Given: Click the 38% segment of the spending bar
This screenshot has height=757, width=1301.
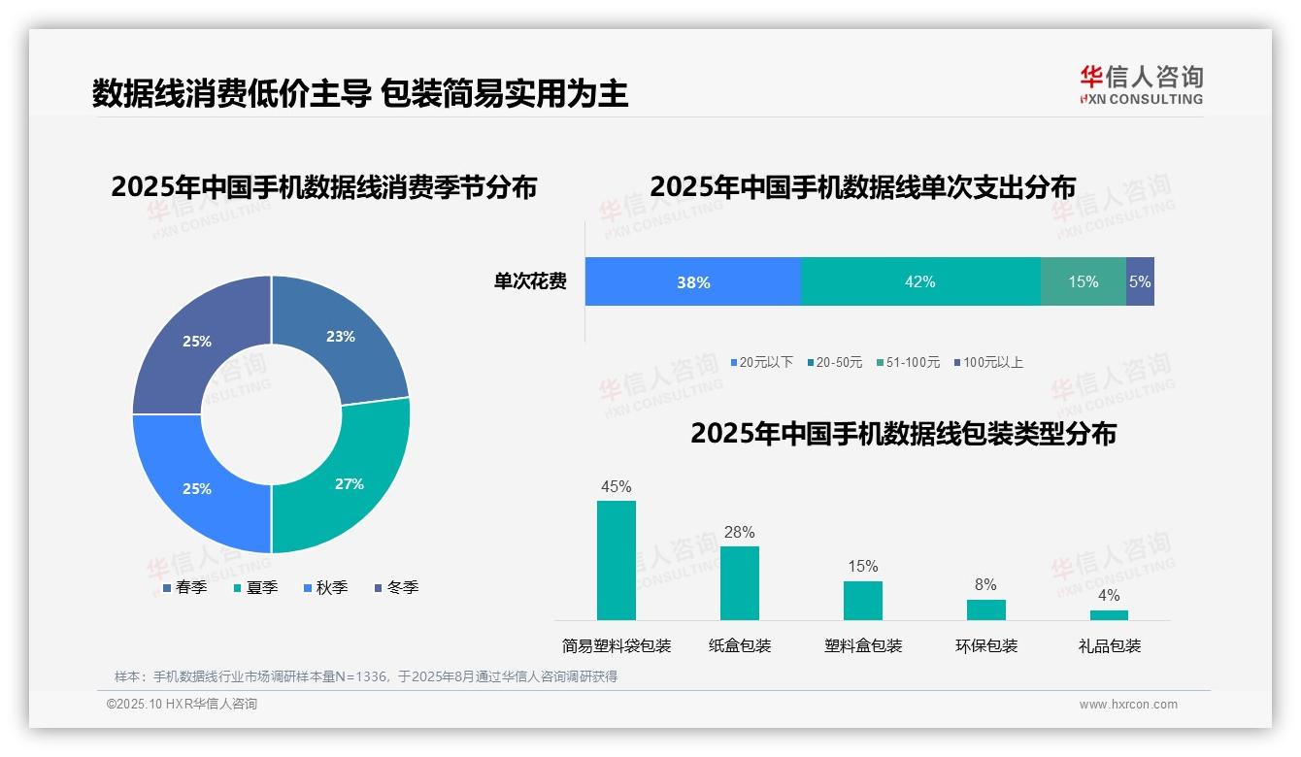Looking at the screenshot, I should [693, 282].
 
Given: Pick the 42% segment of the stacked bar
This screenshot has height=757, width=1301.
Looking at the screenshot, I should [919, 282].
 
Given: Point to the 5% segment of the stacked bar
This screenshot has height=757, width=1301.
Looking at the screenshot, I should [1140, 282].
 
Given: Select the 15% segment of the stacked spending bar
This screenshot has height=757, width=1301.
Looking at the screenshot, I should [1083, 282].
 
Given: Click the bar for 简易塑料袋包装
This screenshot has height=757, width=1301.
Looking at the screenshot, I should [617, 560].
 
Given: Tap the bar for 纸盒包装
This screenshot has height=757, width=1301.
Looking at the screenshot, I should [740, 582].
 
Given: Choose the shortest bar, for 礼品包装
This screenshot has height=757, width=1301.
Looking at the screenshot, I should [1109, 614].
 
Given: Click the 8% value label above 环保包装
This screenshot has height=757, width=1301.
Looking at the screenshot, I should [985, 584].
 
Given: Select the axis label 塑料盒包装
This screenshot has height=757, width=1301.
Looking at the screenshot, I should [863, 645].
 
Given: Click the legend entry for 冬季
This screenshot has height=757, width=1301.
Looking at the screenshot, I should [397, 587].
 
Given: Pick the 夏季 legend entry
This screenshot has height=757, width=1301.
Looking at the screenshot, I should [256, 587].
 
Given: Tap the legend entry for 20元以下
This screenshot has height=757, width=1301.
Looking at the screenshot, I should [762, 362].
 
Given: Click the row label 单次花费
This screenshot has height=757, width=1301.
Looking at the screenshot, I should [530, 282].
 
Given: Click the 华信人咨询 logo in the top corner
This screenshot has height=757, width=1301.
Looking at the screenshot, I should [1141, 84].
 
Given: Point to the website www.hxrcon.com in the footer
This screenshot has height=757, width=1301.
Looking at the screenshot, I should [1128, 705].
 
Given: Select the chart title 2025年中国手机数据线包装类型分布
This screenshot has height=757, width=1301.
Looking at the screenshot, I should [903, 433].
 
